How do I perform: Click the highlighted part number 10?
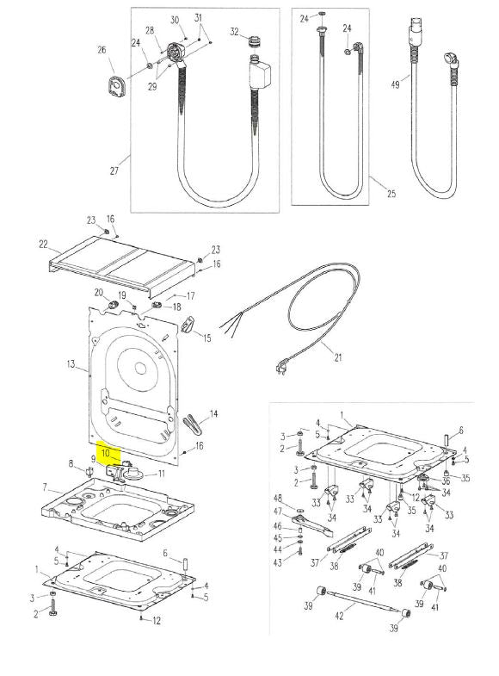click(106, 453)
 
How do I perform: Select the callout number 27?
click(114, 171)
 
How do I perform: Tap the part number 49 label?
click(395, 84)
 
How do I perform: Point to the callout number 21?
click(338, 357)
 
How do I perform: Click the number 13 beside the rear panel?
click(71, 364)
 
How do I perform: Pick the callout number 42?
click(339, 616)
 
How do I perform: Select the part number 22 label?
click(44, 244)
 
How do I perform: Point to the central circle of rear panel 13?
click(140, 369)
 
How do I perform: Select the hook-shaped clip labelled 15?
click(188, 324)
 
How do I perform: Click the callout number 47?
click(278, 512)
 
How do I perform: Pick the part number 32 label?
click(234, 32)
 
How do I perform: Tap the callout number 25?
click(391, 194)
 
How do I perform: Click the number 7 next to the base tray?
click(45, 487)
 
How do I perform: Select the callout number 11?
click(162, 474)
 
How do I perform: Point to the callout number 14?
click(213, 414)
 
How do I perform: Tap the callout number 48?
click(278, 499)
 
